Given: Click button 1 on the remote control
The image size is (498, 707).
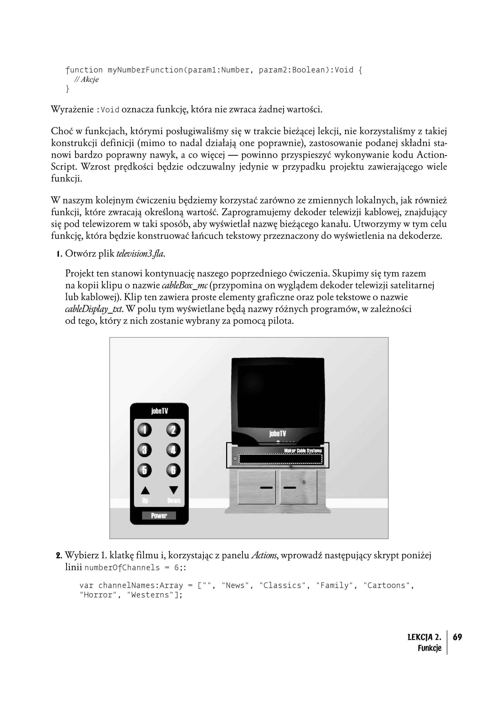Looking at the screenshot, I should [x=144, y=430].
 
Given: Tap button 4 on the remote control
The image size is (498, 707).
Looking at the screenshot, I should [x=173, y=450].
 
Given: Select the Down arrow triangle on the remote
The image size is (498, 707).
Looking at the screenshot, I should [x=174, y=490].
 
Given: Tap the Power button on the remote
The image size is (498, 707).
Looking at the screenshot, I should [x=159, y=516].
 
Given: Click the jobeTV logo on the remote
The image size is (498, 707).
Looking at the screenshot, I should [x=159, y=411].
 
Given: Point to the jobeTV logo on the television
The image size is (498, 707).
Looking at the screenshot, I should [x=277, y=434].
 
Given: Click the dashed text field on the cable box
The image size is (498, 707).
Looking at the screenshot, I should [x=280, y=459].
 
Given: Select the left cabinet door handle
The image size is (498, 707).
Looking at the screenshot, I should [x=266, y=487].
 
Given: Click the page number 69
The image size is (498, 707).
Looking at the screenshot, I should [x=457, y=637].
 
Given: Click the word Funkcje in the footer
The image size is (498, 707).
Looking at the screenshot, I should [x=429, y=648].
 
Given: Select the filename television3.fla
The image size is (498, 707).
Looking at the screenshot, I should [x=140, y=254].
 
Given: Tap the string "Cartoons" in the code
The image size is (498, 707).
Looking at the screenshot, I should [x=387, y=585].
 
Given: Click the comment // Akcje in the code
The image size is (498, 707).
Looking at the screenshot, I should [x=87, y=79].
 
